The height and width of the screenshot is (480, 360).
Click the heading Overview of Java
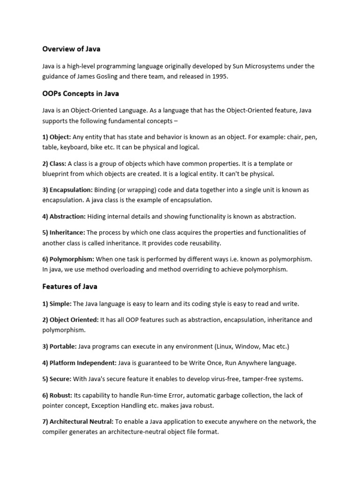[71, 49]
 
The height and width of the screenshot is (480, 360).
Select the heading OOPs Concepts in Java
[81, 93]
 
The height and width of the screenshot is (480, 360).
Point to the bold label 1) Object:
[57, 137]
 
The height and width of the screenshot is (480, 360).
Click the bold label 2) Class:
[54, 164]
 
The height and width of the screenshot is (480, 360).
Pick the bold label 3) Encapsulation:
[67, 190]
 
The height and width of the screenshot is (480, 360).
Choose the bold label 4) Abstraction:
[64, 217]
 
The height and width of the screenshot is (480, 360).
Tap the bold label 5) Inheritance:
[64, 232]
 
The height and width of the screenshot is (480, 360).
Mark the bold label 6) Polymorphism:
[68, 259]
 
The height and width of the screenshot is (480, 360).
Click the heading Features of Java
[70, 286]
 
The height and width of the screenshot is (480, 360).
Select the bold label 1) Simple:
[57, 304]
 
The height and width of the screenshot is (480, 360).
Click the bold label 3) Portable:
[60, 346]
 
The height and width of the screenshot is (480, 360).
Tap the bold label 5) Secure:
[57, 379]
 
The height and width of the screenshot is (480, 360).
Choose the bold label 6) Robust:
[57, 395]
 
